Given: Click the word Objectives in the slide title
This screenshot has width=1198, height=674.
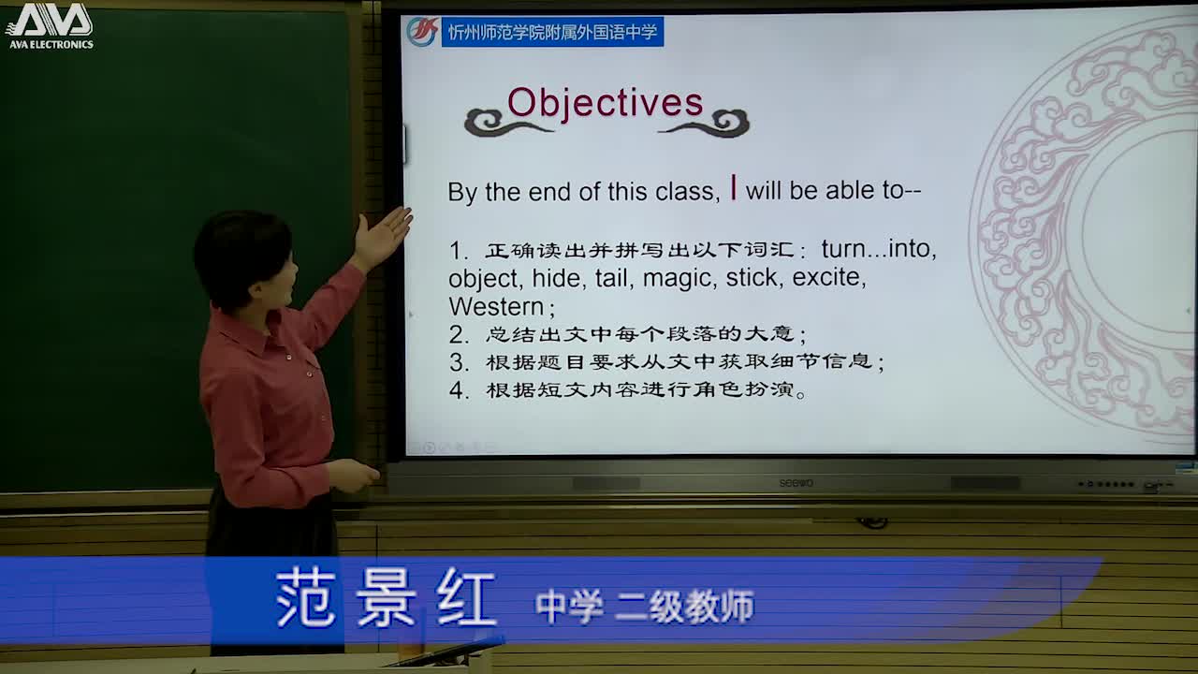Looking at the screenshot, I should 605,103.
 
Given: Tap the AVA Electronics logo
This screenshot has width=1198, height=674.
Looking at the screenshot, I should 50,25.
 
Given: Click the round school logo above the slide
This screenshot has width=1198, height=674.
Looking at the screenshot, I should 422,32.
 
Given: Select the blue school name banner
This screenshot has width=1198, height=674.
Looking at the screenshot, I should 552,32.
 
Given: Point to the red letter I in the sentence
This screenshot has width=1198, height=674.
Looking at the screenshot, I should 734,188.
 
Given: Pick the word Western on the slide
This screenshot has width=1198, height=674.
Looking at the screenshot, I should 496,307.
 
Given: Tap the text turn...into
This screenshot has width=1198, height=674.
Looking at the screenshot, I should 878,249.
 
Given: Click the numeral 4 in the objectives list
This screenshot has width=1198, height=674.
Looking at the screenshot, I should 458,390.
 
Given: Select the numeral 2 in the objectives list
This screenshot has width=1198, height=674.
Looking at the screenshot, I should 458,334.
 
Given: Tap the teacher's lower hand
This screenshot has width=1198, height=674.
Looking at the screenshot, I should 353,476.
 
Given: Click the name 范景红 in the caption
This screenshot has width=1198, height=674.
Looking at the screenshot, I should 386,598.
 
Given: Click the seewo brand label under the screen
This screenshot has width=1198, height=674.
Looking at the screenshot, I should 796,483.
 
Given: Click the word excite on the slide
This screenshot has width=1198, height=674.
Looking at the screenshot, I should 827,278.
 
